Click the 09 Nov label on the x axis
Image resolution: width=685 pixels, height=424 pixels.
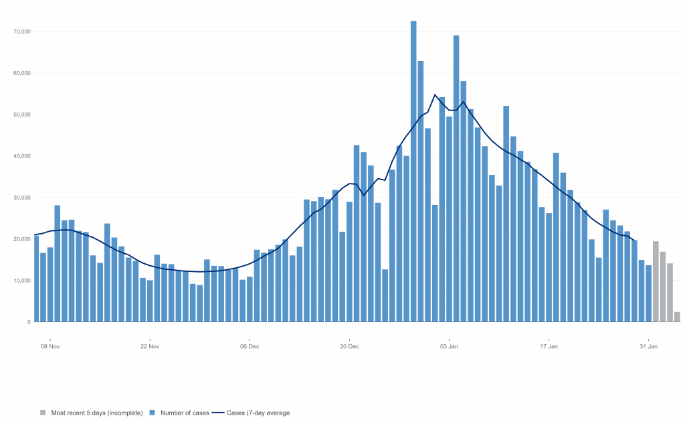click(x=51, y=346)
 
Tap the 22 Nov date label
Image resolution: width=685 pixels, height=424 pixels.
click(x=150, y=346)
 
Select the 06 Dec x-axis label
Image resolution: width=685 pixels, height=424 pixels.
click(x=250, y=346)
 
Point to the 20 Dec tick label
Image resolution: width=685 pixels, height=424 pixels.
click(x=349, y=346)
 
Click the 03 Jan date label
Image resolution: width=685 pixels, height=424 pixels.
click(x=449, y=346)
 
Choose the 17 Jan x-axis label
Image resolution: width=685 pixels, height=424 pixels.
click(x=549, y=346)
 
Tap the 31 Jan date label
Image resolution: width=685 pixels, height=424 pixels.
click(x=648, y=346)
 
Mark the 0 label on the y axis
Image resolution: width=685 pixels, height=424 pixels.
click(x=29, y=322)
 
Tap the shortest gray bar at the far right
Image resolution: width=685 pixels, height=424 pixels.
click(x=677, y=317)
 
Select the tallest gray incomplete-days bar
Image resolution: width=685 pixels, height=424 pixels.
click(x=656, y=281)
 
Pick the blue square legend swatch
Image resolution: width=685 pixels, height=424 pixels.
click(x=152, y=413)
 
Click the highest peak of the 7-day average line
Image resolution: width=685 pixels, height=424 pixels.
click(x=435, y=94)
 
